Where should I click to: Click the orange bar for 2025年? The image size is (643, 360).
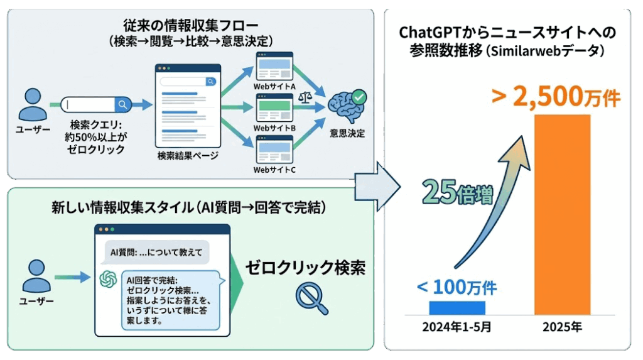pos(562,214)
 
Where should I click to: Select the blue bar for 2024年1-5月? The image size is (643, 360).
pos(457,307)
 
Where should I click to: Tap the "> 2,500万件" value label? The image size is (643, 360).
pos(556,97)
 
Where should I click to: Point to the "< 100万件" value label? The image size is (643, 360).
pos(457,288)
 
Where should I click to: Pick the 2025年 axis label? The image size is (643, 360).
pos(562,327)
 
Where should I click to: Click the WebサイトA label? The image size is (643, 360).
pos(274,85)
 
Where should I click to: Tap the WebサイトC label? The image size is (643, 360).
pos(274,170)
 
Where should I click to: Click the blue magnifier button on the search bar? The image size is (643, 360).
pos(122,104)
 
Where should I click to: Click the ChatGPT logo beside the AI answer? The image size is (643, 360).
pos(109,279)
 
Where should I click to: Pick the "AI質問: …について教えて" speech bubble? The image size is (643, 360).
pos(155,253)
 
